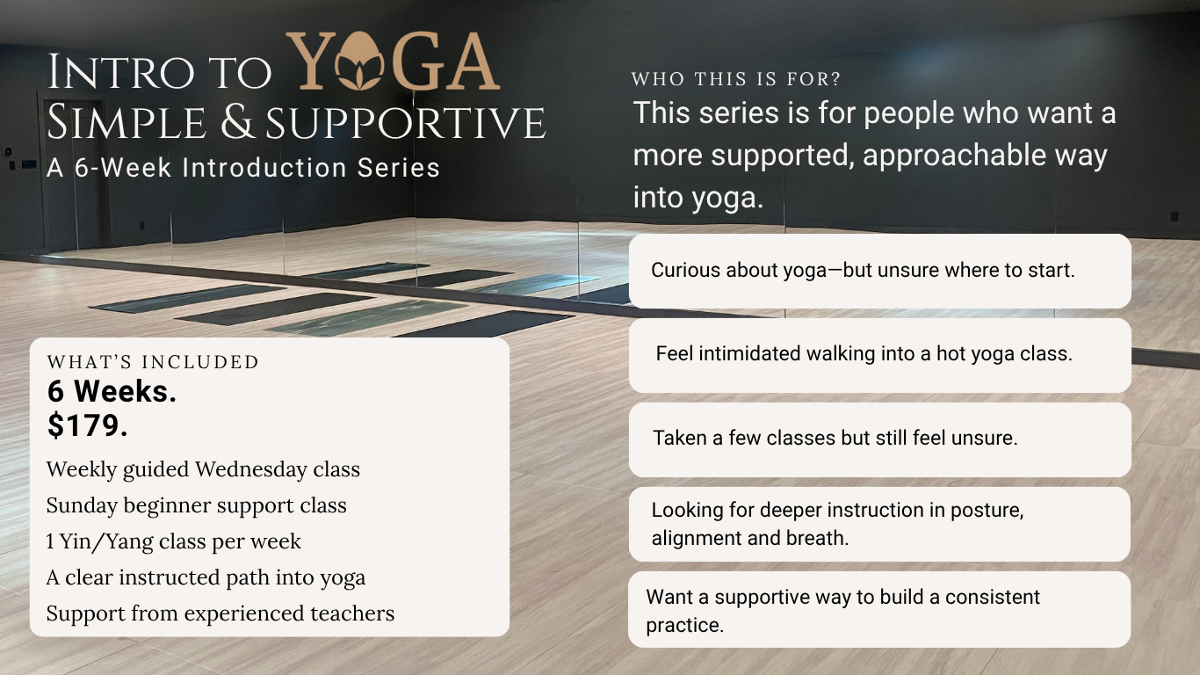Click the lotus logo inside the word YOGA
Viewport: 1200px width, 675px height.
(x=359, y=64)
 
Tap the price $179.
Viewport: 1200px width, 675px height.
(x=88, y=426)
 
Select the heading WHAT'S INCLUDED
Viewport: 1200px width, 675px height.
(x=153, y=362)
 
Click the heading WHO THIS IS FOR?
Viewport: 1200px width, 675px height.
(x=736, y=79)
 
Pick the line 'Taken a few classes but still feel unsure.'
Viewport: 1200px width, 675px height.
(x=835, y=438)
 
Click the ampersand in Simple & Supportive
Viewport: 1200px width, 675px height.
(x=238, y=122)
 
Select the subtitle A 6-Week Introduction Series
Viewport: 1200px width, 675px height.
(x=243, y=167)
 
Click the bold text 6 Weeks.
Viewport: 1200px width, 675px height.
(x=112, y=392)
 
